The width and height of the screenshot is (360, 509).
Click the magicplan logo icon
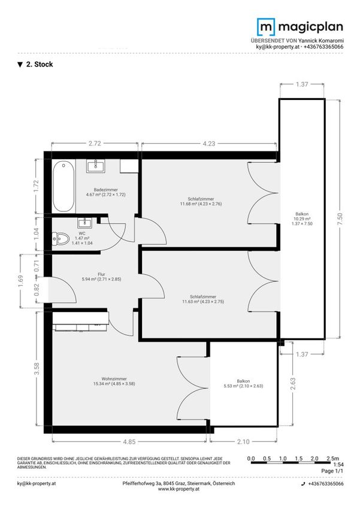266,27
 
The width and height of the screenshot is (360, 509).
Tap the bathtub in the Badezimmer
63,187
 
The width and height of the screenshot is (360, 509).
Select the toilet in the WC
60,240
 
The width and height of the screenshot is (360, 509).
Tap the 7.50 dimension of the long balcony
340,219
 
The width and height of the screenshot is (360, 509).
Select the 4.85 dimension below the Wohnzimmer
129,442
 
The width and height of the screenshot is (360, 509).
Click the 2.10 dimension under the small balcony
243,441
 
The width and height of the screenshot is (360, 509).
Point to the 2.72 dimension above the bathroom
95,143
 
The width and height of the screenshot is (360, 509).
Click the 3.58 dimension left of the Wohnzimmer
37,368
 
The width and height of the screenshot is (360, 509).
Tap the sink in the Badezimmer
96,166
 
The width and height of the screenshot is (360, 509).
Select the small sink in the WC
84,223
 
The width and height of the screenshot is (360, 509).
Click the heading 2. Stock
35,64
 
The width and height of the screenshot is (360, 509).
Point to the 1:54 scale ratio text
338,465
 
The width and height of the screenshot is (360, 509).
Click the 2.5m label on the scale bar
332,458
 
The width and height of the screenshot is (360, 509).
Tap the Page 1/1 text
332,471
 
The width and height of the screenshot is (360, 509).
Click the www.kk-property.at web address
179,489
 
